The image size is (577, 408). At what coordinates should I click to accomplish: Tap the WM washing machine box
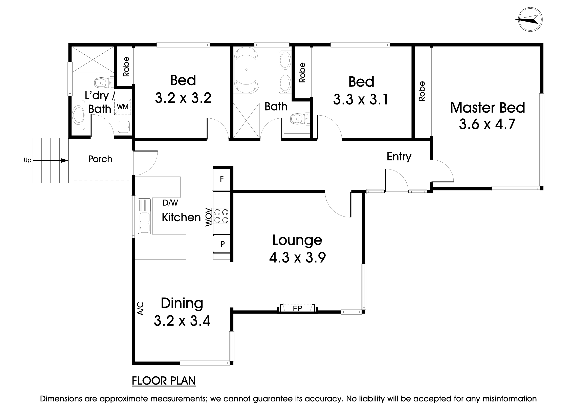(x=123, y=107)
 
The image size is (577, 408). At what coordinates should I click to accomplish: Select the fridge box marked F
(x=222, y=179)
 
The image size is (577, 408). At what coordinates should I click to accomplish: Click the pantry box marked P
(x=222, y=244)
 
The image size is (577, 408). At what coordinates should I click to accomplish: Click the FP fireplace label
(x=298, y=309)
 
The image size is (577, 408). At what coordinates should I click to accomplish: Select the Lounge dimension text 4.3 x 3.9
(x=297, y=258)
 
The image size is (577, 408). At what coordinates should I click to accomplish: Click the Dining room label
(x=182, y=303)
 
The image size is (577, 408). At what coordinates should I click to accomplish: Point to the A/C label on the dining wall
(x=140, y=308)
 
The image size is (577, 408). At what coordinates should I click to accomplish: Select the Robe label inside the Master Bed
(x=422, y=91)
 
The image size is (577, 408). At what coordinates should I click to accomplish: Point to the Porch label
(x=100, y=159)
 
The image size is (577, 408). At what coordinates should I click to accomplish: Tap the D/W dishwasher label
(x=170, y=203)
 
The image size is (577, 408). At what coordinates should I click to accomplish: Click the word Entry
(x=399, y=157)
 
